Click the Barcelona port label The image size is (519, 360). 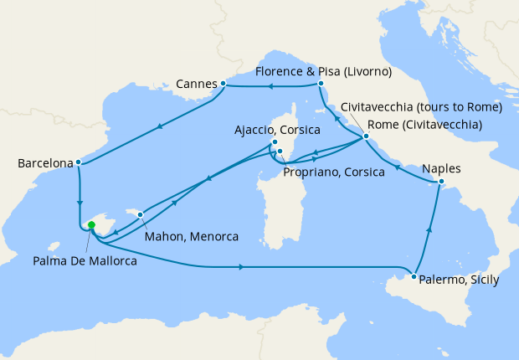click(44, 163)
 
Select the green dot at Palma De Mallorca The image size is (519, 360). click(91, 225)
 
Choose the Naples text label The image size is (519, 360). click(442, 167)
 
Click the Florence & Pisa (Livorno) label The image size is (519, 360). click(324, 72)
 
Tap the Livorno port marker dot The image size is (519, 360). click(321, 84)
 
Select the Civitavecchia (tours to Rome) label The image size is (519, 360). click(421, 107)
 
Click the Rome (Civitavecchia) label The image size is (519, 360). click(424, 125)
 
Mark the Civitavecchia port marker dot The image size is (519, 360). click(366, 136)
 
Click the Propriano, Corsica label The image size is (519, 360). click(334, 172)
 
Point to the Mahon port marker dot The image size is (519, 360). click(141, 214)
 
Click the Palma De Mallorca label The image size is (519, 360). click(85, 260)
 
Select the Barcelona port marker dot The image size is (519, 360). click(78, 162)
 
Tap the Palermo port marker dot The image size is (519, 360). click(414, 275)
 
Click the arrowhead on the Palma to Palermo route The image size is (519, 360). click(242, 267)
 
